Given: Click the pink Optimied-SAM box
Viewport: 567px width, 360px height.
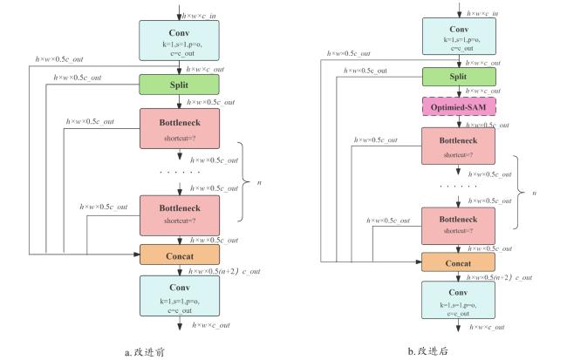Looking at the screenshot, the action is click(459, 106).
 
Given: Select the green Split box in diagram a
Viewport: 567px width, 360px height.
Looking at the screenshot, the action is click(179, 85).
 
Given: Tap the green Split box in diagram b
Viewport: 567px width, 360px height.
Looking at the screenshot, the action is click(459, 77).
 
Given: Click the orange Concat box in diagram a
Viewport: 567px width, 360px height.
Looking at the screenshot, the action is click(180, 255).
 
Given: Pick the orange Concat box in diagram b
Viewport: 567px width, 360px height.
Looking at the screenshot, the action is click(458, 262).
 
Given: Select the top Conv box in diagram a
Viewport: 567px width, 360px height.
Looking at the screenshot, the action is click(179, 40).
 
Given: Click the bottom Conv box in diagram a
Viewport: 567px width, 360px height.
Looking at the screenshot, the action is click(180, 296).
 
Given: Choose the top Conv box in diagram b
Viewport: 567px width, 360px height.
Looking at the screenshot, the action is click(459, 37).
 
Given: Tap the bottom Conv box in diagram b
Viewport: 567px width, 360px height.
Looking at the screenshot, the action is click(458, 300).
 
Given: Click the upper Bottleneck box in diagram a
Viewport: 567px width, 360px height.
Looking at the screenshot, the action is click(180, 129).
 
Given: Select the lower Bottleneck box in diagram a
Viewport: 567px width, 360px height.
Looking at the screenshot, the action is click(180, 215).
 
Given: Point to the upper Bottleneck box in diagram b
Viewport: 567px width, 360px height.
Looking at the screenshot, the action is click(458, 146).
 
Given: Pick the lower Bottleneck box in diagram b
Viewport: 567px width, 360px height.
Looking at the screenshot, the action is click(458, 226).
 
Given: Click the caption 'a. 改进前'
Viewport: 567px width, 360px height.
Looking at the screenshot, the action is click(145, 352).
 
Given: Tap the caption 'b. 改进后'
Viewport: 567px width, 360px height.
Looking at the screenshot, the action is click(427, 351).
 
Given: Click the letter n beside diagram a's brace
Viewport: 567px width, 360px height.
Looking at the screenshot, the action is click(259, 182).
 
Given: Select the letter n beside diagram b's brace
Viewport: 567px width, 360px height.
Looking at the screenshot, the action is click(534, 193).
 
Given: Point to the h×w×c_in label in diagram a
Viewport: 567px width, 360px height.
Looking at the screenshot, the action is click(199, 16).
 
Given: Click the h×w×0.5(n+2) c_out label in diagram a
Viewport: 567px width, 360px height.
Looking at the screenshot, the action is click(224, 271).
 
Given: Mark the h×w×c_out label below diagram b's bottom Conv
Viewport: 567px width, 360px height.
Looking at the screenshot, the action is click(487, 327).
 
